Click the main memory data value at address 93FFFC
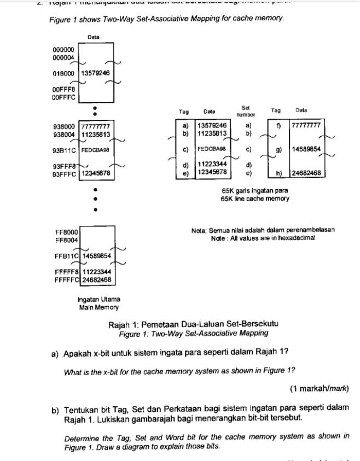click(96, 173)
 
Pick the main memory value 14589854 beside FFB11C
click(97, 255)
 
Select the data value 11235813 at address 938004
click(96, 134)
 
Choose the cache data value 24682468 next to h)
click(306, 173)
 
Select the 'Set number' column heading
click(246, 112)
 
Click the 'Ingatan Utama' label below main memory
click(99, 300)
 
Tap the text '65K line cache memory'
click(255, 199)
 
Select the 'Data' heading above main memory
click(93, 37)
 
